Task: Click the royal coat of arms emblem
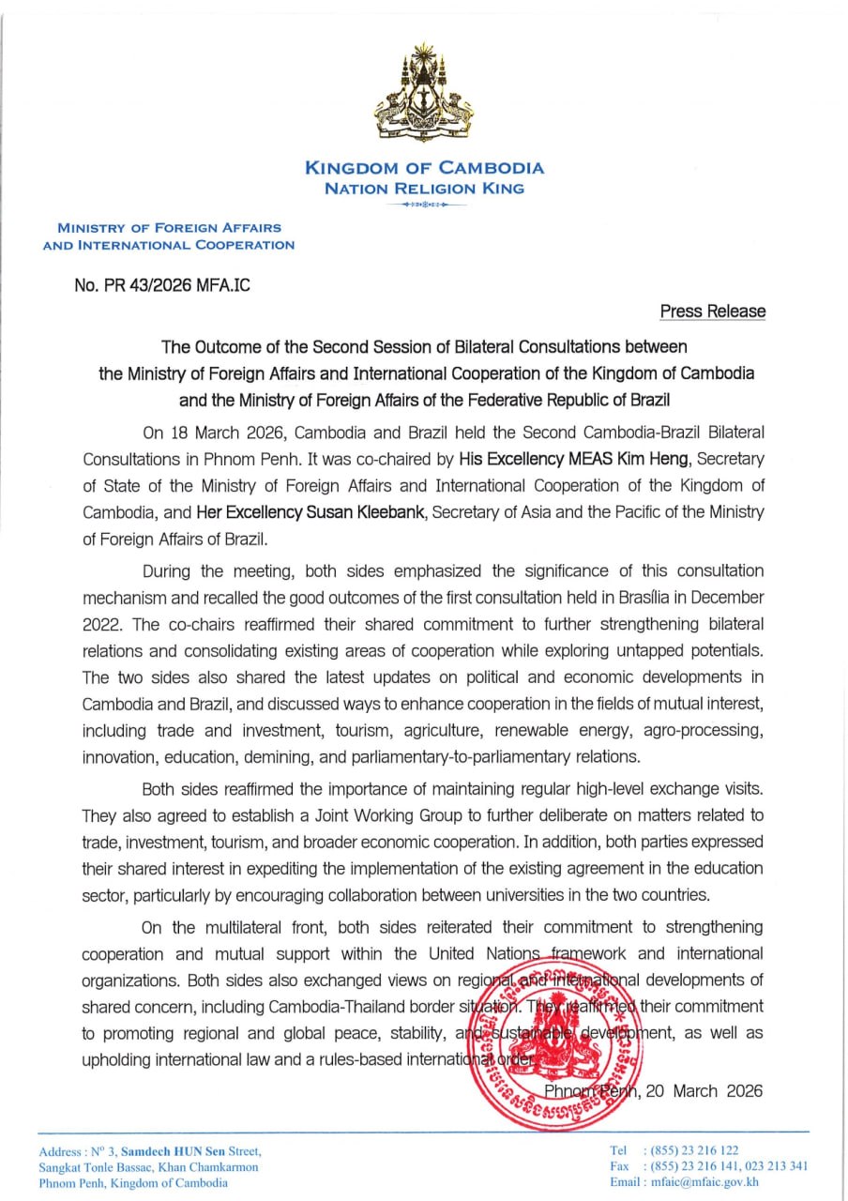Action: [x=424, y=94]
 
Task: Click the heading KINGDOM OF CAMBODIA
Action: [x=424, y=169]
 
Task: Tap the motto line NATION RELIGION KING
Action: [x=424, y=189]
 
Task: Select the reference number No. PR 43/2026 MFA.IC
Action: [x=162, y=284]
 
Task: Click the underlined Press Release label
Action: [x=712, y=312]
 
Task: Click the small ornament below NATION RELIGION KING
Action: [x=424, y=203]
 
